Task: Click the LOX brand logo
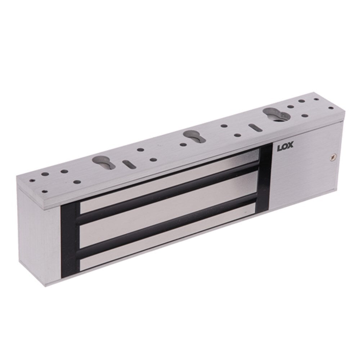285,147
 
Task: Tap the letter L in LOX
280,148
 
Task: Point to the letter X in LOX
291,147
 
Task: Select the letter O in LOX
285,147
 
